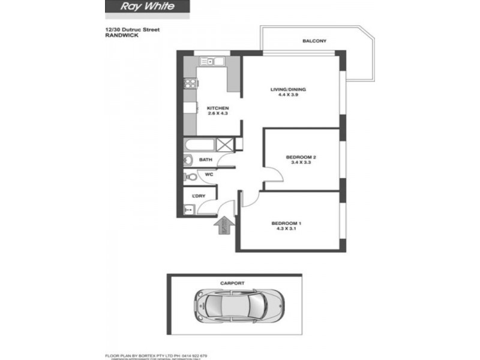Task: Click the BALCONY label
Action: click(314, 41)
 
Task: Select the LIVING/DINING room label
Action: click(292, 89)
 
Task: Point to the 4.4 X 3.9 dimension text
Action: click(292, 94)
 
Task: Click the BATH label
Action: click(205, 160)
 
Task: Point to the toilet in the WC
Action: click(189, 176)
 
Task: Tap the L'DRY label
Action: click(199, 196)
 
